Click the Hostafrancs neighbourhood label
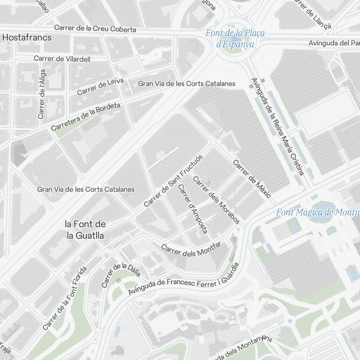pos(27,37)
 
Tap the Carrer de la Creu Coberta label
pos(95,28)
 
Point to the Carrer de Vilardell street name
pos(62,59)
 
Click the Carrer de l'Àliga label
pos(42,94)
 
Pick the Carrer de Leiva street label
pos(100,87)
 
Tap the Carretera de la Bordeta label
pos(85,117)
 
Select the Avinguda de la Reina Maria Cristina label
pos(278,126)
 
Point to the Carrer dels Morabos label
pos(216,200)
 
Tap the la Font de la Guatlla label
pos(85,230)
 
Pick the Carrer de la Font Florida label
pos(65,298)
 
